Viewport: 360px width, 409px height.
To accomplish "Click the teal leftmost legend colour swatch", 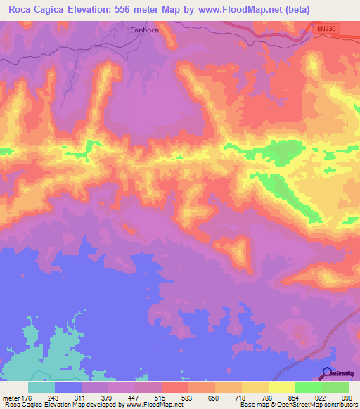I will (x=41, y=387).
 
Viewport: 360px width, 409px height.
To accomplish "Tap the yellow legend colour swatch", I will (x=282, y=387).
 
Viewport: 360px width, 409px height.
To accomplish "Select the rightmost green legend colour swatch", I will (x=335, y=387).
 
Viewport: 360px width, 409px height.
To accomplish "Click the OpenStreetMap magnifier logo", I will (x=326, y=373).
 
